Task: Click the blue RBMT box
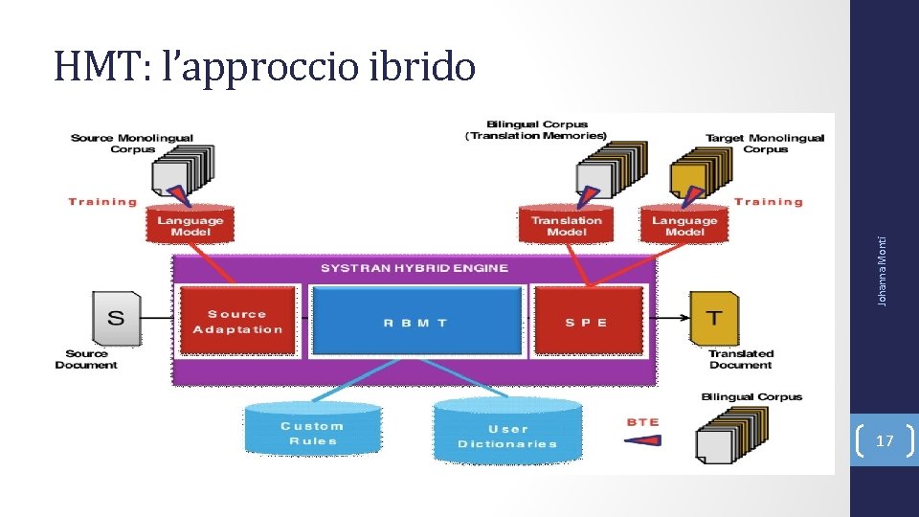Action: pyautogui.click(x=415, y=322)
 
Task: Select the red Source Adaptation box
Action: pyautogui.click(x=237, y=322)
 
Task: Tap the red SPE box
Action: pyautogui.click(x=587, y=322)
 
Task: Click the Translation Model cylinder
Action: pyautogui.click(x=567, y=225)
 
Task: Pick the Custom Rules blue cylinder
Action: pyautogui.click(x=312, y=432)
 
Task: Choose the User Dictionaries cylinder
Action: pyautogui.click(x=507, y=435)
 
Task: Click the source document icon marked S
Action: pyautogui.click(x=116, y=318)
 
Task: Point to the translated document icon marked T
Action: pyautogui.click(x=713, y=318)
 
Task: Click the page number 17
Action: pyautogui.click(x=885, y=441)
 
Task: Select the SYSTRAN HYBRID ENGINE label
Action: pyautogui.click(x=414, y=268)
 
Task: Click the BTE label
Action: pyautogui.click(x=642, y=422)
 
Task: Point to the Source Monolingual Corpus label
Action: pyautogui.click(x=131, y=143)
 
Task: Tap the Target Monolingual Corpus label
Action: pyautogui.click(x=765, y=143)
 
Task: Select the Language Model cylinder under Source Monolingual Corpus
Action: pyautogui.click(x=190, y=225)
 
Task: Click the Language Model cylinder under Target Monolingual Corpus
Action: pyautogui.click(x=684, y=225)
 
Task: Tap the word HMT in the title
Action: pyautogui.click(x=94, y=67)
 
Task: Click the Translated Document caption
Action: pyautogui.click(x=740, y=359)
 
